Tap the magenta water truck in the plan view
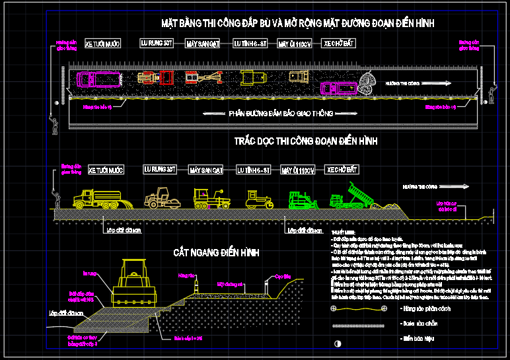[x=99, y=80]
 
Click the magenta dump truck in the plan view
[x=338, y=87]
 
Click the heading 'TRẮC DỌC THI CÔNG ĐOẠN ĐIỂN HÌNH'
[x=305, y=141]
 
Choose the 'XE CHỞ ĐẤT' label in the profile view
[x=343, y=170]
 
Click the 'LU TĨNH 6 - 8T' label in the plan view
[x=251, y=44]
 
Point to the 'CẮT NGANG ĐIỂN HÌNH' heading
[x=217, y=252]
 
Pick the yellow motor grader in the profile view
[x=208, y=198]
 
